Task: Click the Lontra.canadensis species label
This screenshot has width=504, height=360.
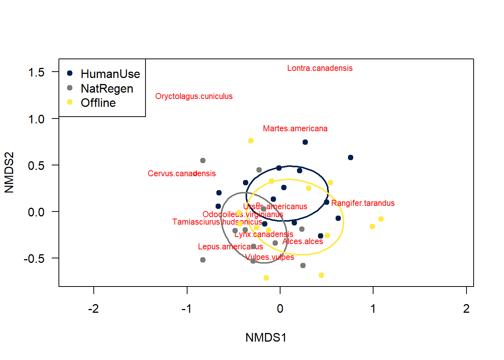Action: coord(319,68)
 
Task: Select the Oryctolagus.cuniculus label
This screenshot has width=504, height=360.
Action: coord(194,96)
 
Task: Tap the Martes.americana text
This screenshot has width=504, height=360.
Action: coord(295,129)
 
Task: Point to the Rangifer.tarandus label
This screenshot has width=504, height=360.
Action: coord(363,203)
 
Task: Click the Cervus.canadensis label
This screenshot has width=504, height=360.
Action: coord(181,174)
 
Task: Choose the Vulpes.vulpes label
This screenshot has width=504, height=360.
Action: coord(269,257)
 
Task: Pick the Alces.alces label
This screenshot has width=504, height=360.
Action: coord(303,241)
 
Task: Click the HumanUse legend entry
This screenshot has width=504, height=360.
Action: coord(110,74)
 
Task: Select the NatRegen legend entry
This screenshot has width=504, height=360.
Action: coord(107,88)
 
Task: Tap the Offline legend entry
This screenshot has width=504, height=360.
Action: coord(98,103)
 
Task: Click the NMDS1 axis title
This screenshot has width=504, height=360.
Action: coord(266,337)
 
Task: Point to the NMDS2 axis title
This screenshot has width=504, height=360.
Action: coord(9,172)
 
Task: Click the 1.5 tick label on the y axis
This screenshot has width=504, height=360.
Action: coord(36,72)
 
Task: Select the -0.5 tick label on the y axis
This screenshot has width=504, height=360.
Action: coord(34,258)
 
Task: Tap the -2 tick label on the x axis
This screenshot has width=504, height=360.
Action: coord(93,309)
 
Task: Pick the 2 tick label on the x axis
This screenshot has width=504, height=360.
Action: coord(466,309)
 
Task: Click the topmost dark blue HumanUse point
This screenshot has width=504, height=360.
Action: coord(305,142)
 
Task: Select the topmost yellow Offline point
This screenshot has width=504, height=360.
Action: coord(251,141)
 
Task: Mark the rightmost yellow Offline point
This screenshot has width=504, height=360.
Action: coord(381,219)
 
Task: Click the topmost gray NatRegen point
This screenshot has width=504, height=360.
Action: coord(203,160)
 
